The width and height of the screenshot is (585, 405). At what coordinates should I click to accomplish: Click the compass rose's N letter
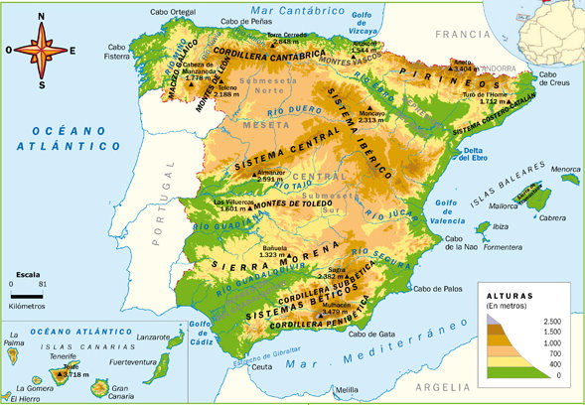[41, 17]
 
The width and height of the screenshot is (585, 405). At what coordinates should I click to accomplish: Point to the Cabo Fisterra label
[118, 52]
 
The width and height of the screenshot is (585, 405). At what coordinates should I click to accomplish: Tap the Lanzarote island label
[152, 338]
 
